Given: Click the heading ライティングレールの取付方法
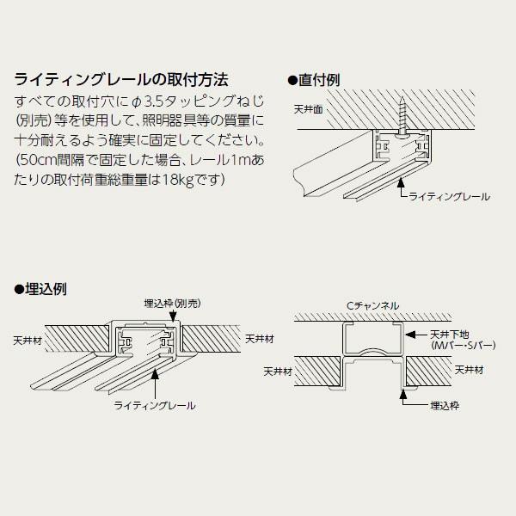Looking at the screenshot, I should tap(120, 81).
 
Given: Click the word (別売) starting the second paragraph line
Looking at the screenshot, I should tap(30, 121).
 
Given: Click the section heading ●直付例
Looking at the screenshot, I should tap(316, 79).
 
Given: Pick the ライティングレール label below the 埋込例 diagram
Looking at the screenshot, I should tap(155, 402).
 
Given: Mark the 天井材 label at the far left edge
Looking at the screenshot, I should tap(26, 339).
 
